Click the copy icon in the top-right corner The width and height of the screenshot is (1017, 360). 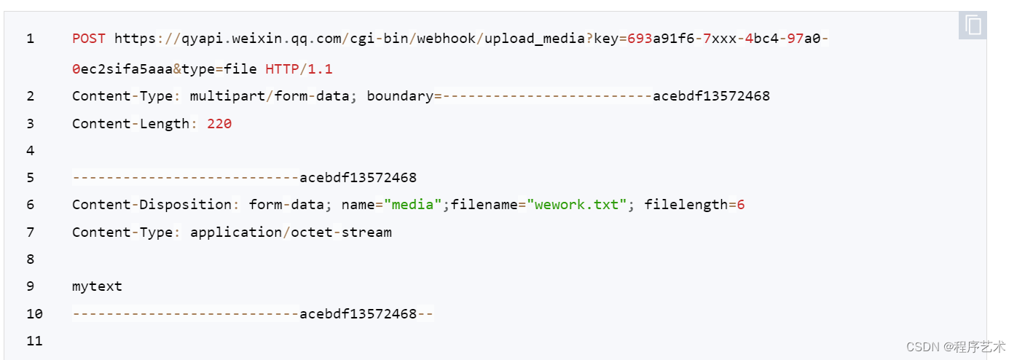[x=973, y=26]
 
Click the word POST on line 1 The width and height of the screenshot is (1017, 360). [x=89, y=39]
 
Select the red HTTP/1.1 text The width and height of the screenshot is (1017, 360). [x=299, y=69]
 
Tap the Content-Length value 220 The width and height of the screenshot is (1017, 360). [x=219, y=124]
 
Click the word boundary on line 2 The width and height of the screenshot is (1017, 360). [x=400, y=96]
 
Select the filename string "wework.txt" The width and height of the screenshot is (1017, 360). [x=576, y=205]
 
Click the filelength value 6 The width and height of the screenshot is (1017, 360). [x=741, y=205]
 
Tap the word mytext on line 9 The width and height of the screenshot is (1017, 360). [x=97, y=286]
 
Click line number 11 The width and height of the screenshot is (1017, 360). [x=34, y=341]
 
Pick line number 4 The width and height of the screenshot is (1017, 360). [x=30, y=151]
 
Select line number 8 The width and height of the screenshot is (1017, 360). [x=30, y=259]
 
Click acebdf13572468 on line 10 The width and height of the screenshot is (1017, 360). [x=358, y=314]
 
